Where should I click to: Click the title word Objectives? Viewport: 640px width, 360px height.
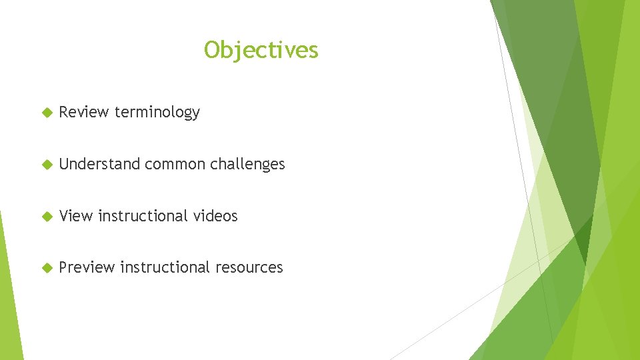point(261,50)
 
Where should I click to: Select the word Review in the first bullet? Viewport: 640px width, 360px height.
point(84,112)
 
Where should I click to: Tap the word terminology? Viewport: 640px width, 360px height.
point(157,113)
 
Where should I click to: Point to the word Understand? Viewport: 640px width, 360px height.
point(99,164)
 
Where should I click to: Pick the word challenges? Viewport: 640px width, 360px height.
point(247,165)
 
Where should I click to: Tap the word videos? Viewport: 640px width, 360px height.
point(215,216)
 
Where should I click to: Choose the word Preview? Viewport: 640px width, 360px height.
point(87,267)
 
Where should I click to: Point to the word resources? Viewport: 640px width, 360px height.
point(249,268)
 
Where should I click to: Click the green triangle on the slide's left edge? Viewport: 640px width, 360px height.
point(8,300)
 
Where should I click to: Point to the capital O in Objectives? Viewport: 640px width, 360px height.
point(211,50)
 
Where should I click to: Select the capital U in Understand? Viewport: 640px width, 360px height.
point(64,164)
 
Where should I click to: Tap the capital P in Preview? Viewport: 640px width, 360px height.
point(63,267)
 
